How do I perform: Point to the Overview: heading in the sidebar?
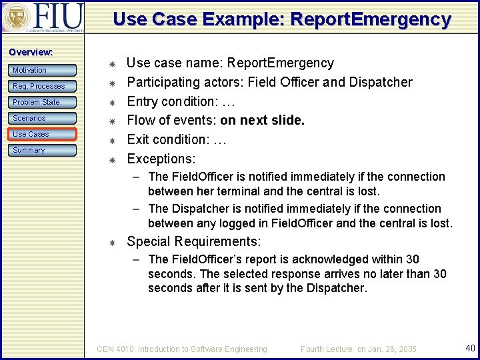click(x=31, y=52)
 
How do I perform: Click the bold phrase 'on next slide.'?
click(x=262, y=121)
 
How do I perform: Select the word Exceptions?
click(x=161, y=159)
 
